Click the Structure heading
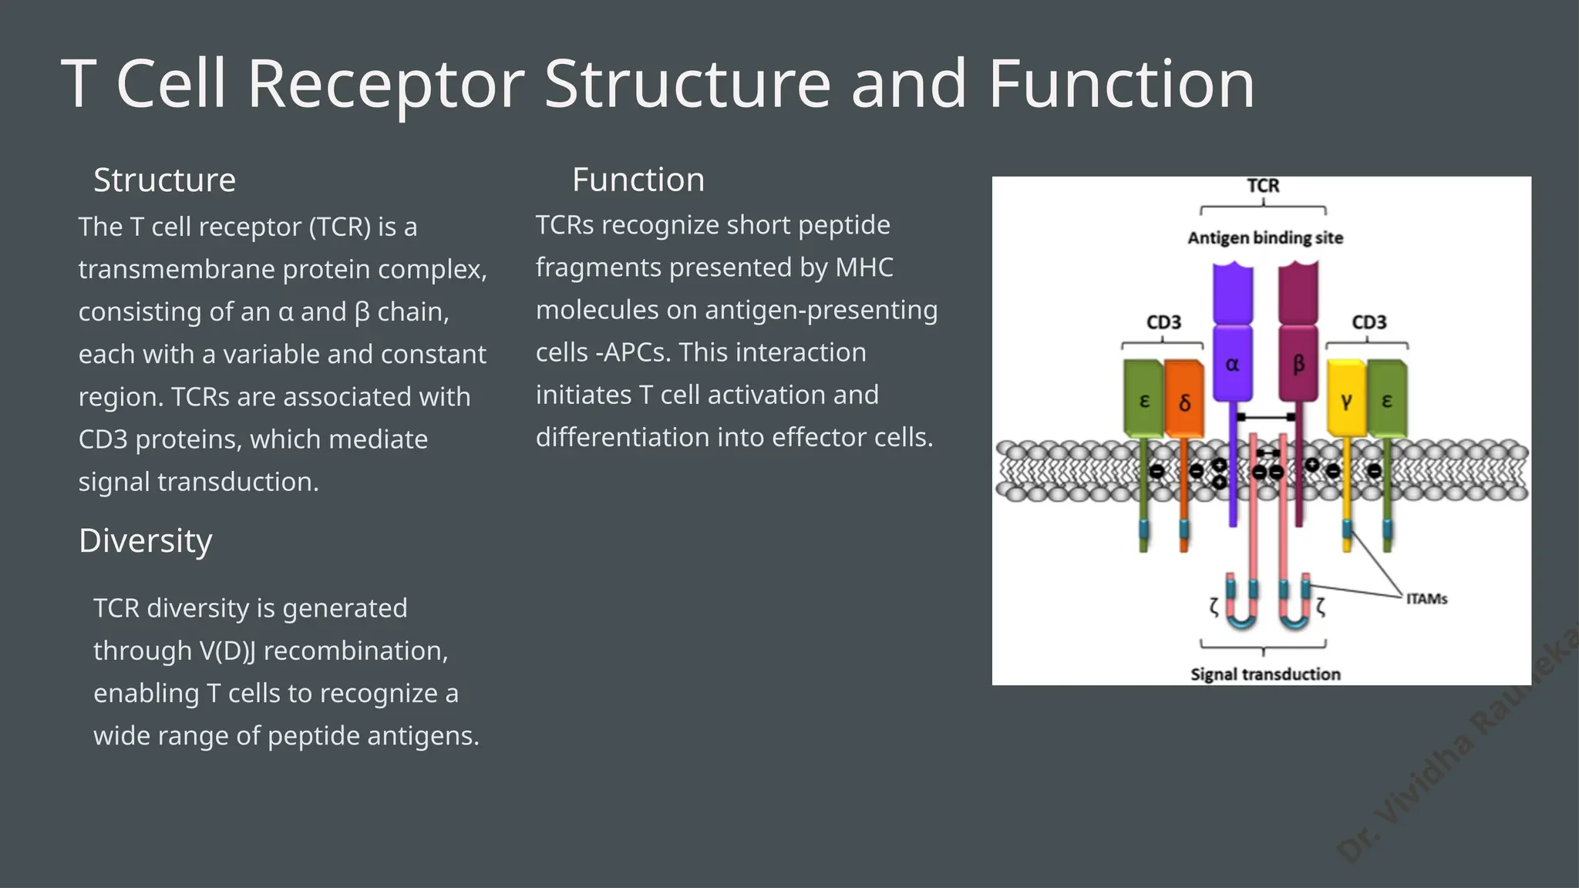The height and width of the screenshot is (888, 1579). point(164,180)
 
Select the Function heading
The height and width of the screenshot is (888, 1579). point(638,180)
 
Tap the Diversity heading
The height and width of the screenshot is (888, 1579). point(145,541)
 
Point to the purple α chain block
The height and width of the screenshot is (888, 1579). point(1232,362)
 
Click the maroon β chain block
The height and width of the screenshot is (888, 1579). point(1298,362)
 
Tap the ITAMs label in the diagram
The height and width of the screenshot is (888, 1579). point(1426,599)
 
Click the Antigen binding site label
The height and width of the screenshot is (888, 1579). point(1264,237)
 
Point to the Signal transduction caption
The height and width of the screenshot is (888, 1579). point(1264,674)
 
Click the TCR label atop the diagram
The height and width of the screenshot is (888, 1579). point(1263,186)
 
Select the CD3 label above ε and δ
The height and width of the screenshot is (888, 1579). point(1163,322)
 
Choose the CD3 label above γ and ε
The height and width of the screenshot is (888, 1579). point(1369,322)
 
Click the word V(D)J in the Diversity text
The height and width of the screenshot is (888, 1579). point(227,651)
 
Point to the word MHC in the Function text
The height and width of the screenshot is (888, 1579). point(864,267)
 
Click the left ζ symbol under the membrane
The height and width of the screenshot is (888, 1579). point(1214,607)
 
